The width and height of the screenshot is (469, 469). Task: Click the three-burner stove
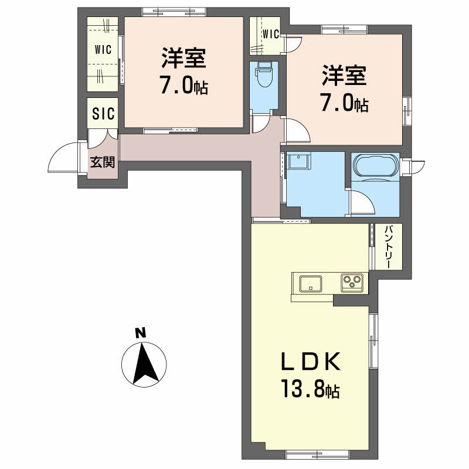pyautogui.click(x=353, y=283)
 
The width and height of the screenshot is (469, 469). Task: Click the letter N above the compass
pyautogui.click(x=140, y=334)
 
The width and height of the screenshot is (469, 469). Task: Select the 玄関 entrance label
pyautogui.click(x=102, y=162)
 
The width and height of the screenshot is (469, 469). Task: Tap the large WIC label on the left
pyautogui.click(x=104, y=50)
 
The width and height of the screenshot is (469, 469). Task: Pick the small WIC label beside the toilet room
pyautogui.click(x=271, y=33)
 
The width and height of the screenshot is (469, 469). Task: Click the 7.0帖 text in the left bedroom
pyautogui.click(x=183, y=87)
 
